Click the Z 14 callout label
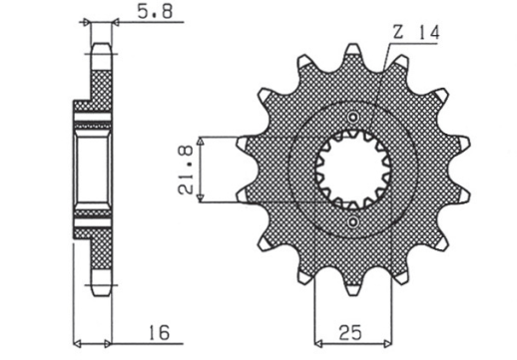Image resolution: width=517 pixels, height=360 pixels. pyautogui.click(x=411, y=32)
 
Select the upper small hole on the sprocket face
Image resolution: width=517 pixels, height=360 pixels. pyautogui.click(x=352, y=120)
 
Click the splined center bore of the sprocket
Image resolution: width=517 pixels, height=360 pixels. pyautogui.click(x=351, y=171)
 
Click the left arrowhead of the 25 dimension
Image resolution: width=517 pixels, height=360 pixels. pyautogui.click(x=318, y=337)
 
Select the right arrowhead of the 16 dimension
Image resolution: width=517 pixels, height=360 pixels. pyautogui.click(x=112, y=337)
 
